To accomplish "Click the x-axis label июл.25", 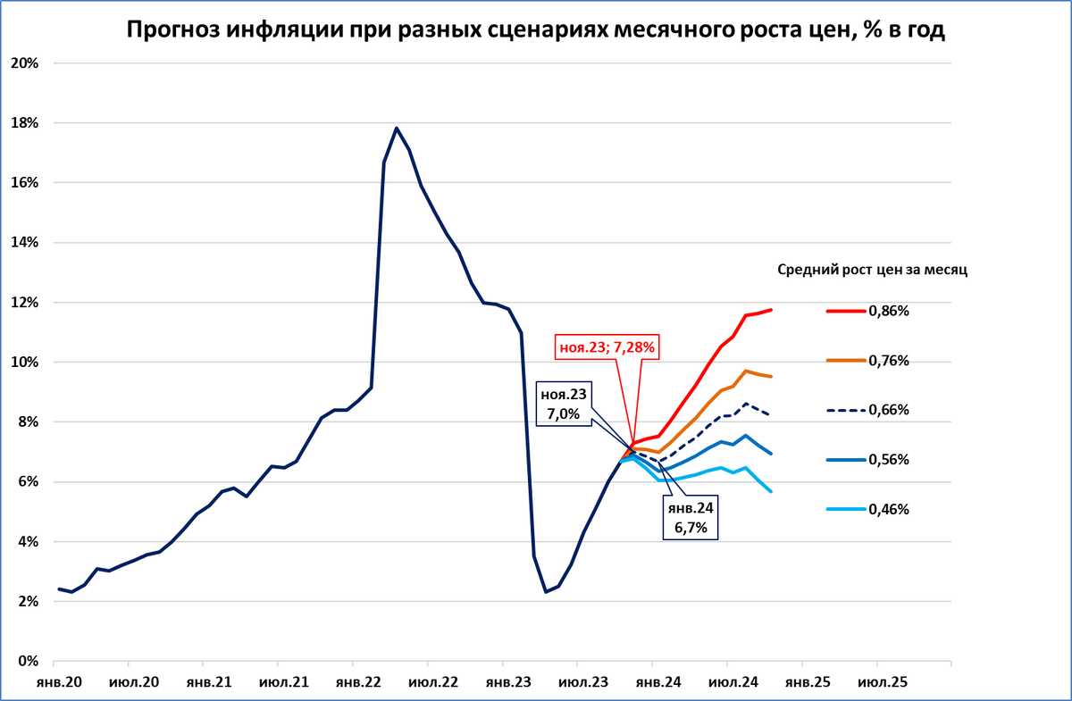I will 883,682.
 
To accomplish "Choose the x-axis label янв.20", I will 58,682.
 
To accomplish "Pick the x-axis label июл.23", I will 580,682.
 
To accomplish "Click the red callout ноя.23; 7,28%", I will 607,346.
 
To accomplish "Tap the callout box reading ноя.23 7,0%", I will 564,405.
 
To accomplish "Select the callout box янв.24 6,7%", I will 691,517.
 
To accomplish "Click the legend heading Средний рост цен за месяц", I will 873,267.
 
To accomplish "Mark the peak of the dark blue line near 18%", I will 397,128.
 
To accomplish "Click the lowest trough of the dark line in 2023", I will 546,591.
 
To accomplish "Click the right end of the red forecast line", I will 770,310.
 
